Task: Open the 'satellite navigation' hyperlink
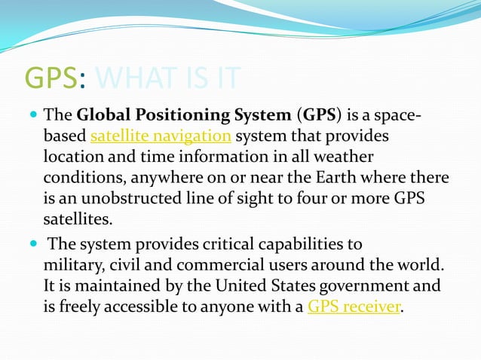[160, 136]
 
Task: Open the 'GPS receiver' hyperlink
[354, 307]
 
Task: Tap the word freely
[82, 307]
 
